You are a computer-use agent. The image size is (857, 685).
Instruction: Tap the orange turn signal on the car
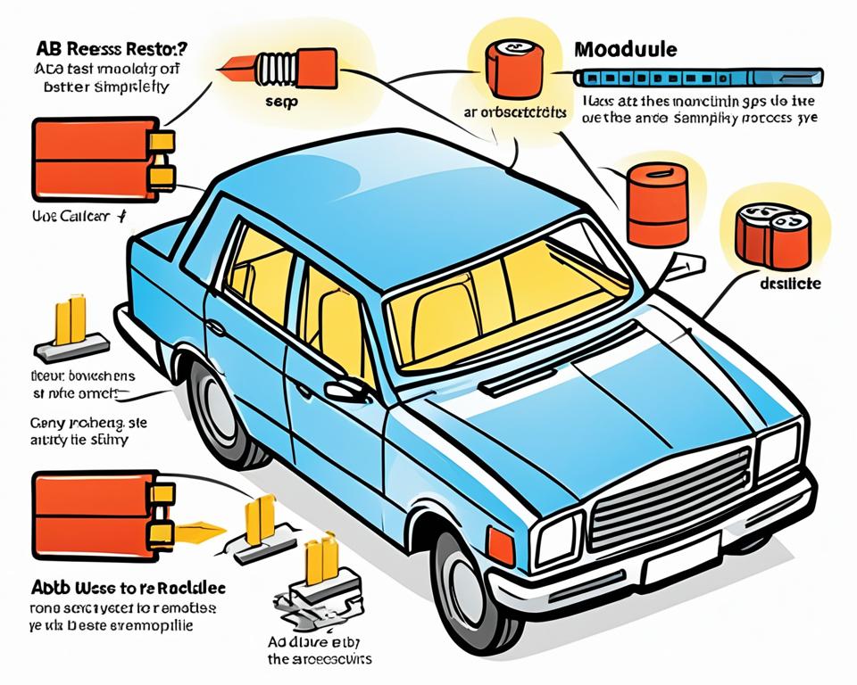point(501,545)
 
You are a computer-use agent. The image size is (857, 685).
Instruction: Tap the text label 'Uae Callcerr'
point(71,217)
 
